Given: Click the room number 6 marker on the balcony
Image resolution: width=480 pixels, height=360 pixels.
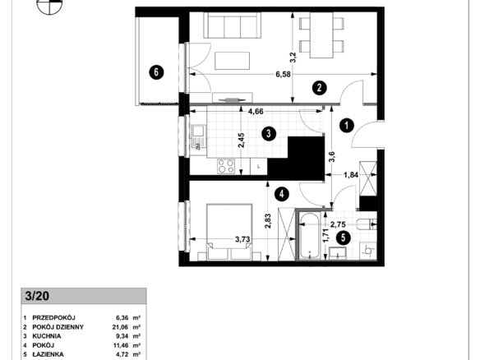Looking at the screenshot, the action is (156, 72).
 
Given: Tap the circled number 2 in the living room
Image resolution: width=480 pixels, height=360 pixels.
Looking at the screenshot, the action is (319, 88).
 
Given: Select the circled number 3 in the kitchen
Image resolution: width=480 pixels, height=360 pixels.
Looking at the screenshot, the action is (269, 134).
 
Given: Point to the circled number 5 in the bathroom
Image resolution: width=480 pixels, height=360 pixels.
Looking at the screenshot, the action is (343, 238).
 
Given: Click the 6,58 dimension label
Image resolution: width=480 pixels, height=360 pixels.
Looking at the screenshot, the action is (284, 75).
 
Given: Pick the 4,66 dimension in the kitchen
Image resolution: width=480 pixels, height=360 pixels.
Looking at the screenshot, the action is (256, 112).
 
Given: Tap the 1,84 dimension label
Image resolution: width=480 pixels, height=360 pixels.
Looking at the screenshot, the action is (351, 175).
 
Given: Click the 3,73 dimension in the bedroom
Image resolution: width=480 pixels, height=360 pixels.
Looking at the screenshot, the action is (242, 239).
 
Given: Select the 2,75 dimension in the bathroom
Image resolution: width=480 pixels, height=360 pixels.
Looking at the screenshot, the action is (338, 224).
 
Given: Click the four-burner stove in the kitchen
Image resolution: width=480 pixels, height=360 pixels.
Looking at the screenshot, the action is (226, 167).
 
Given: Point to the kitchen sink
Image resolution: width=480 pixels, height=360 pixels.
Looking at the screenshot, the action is (198, 137).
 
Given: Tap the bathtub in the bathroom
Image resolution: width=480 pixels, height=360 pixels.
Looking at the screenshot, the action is (310, 236).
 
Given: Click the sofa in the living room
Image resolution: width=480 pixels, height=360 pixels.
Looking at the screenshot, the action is (233, 25).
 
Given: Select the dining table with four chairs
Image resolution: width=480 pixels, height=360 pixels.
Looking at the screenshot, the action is (321, 35).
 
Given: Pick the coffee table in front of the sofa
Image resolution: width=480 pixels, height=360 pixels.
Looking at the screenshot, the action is (232, 61).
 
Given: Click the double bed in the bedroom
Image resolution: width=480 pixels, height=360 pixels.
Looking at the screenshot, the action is (229, 232).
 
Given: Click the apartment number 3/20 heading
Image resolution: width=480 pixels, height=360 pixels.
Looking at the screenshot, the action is (37, 296).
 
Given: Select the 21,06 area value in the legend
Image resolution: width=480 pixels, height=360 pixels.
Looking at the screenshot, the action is (120, 327).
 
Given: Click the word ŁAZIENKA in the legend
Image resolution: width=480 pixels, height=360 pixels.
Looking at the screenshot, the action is (48, 354).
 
